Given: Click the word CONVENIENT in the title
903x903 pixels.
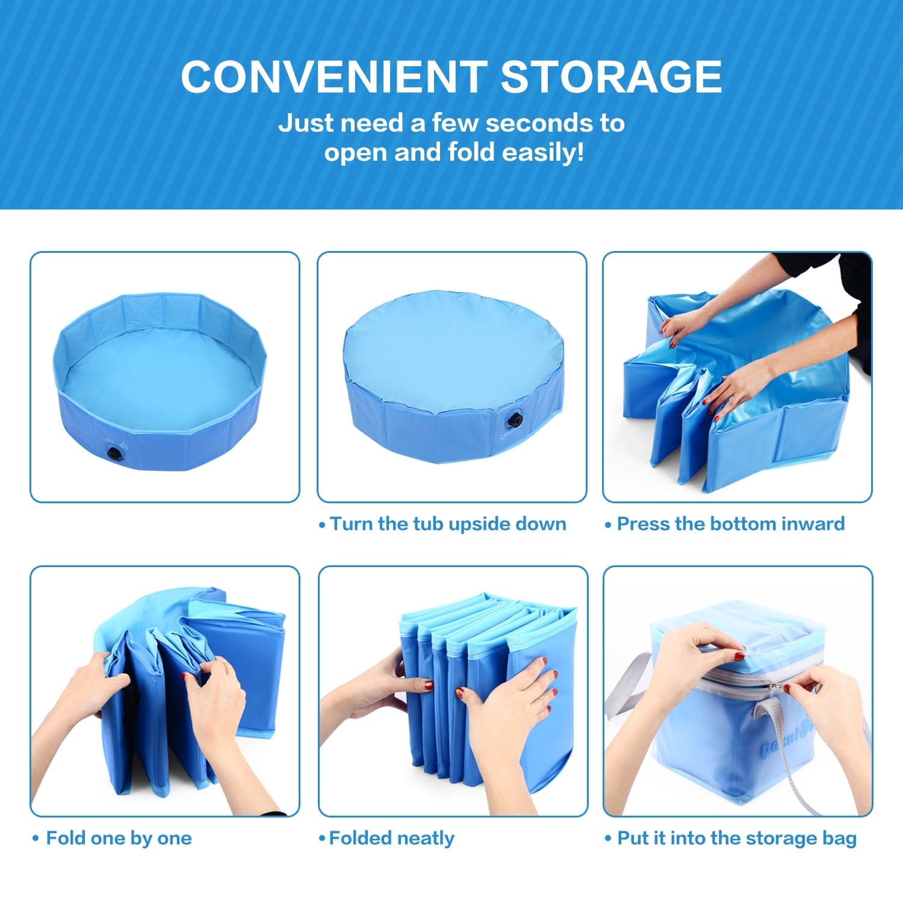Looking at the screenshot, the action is coord(333,76).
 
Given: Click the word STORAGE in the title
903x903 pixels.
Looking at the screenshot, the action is coord(611,76).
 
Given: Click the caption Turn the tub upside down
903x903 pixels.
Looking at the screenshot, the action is coord(448,524).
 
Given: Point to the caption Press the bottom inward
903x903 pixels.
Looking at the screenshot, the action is coord(731,524).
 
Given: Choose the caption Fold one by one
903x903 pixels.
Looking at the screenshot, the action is coord(119,838).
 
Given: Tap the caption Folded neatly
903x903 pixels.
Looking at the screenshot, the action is coord(391,838).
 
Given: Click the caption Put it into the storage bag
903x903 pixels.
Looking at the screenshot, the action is coord(737,838).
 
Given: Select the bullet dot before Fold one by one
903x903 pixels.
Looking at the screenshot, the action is coord(36,839).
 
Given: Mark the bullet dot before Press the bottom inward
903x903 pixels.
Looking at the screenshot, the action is coord(608,525).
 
